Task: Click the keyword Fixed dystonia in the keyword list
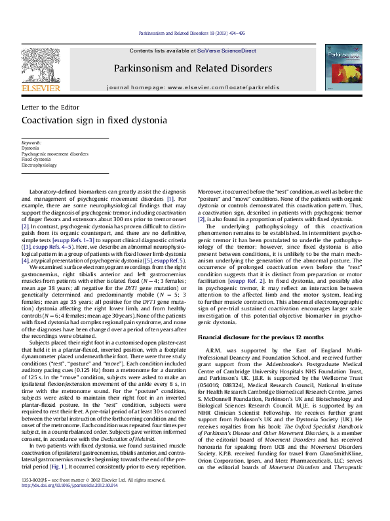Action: point(36,159)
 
